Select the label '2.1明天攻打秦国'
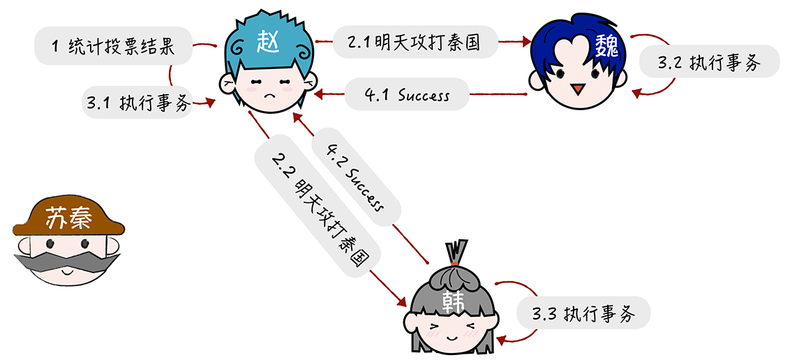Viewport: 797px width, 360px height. [x=415, y=42]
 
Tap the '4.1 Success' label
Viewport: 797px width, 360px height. [x=407, y=94]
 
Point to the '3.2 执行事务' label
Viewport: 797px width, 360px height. [x=708, y=62]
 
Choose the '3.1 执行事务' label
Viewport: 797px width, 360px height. [x=137, y=103]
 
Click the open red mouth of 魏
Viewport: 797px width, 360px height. [x=576, y=89]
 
